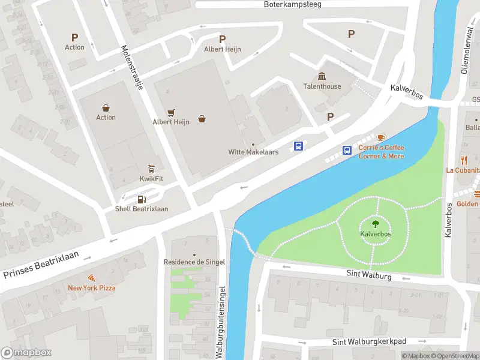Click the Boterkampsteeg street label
[x=293, y=4]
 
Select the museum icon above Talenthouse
[x=322, y=76]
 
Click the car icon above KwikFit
[x=152, y=169]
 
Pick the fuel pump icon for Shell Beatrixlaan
[x=142, y=199]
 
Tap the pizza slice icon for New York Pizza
[x=92, y=278]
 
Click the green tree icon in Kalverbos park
[x=376, y=224]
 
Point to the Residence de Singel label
[x=194, y=262]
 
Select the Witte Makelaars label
[x=253, y=152]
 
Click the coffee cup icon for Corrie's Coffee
[x=381, y=137]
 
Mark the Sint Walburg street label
[x=368, y=275]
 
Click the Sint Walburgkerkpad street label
[x=369, y=341]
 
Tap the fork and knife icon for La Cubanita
[x=464, y=160]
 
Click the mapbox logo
[x=26, y=353]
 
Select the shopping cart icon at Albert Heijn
[x=171, y=112]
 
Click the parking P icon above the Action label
[x=74, y=37]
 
